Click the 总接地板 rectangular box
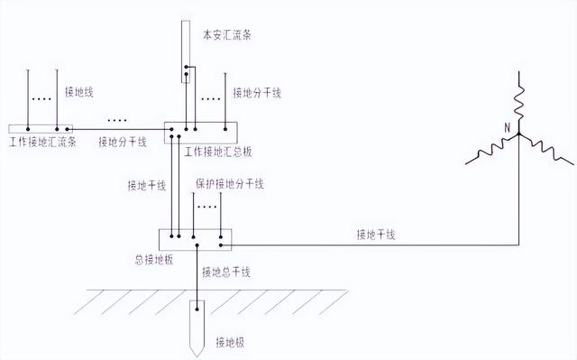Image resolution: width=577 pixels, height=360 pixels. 196,239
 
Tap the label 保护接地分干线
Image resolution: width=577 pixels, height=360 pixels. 229,185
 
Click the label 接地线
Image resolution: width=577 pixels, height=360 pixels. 79,92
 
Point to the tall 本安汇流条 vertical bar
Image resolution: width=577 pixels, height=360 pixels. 185,54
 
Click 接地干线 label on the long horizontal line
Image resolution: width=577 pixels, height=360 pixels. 376,235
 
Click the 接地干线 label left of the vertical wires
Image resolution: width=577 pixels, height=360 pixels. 148,187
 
